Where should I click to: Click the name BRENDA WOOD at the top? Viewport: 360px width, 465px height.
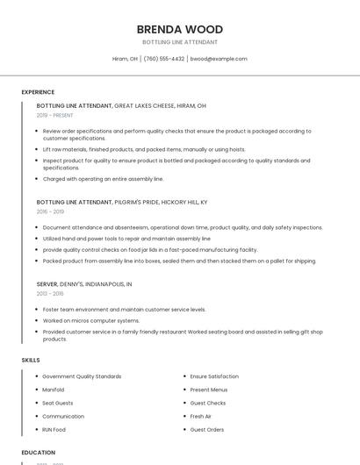point(180,30)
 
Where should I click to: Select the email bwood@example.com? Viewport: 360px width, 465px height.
point(220,59)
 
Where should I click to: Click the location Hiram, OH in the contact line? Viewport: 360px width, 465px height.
point(125,59)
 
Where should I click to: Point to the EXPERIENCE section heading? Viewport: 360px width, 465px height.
point(38,92)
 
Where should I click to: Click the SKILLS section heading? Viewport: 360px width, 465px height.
point(31,360)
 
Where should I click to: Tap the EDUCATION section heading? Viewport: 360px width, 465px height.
point(38,453)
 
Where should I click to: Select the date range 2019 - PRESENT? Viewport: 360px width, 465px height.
point(55,115)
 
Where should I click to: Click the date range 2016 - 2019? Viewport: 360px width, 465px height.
point(50,211)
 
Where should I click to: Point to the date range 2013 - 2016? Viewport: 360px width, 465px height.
point(50,294)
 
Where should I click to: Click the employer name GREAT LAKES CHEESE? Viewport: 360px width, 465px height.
point(143,105)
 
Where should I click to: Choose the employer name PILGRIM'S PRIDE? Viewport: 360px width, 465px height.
point(143,202)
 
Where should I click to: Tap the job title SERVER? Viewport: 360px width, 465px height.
point(47,284)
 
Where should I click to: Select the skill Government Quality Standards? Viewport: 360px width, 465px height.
point(82,376)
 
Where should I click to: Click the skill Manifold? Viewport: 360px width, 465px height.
point(54,390)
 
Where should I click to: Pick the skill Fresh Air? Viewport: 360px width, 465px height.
point(201,416)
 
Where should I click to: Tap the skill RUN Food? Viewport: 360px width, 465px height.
point(54,430)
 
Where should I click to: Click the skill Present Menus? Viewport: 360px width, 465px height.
point(209,390)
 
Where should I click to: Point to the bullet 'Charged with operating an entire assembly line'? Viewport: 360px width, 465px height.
point(103,179)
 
